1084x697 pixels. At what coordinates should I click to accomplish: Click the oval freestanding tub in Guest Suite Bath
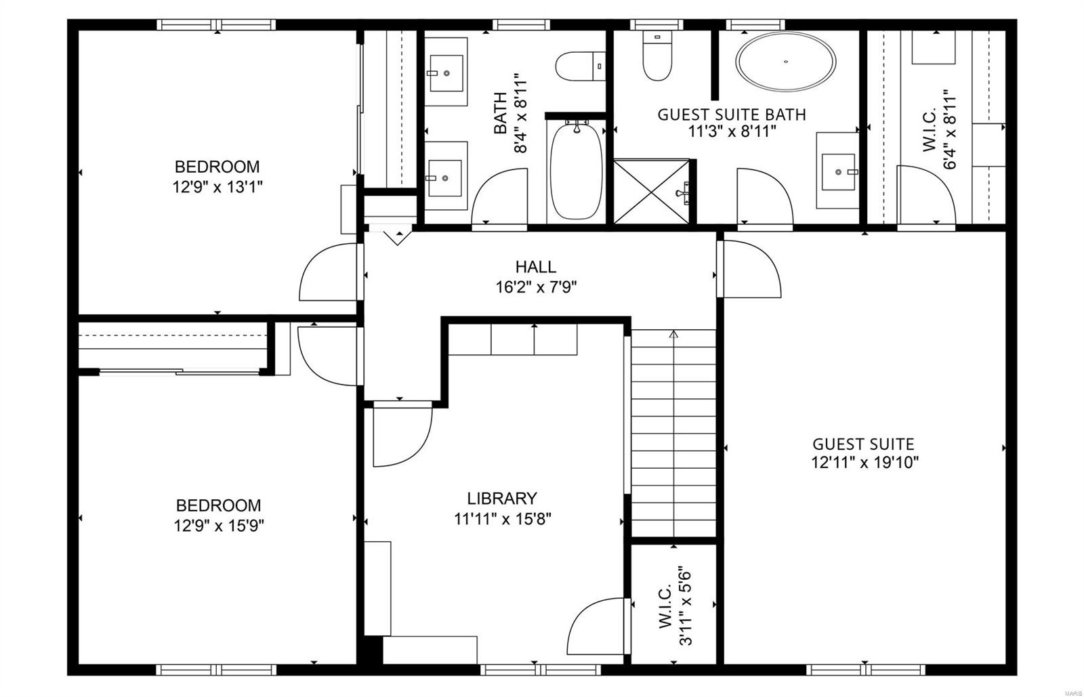[786, 62]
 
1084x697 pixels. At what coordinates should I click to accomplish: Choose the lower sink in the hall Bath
[445, 177]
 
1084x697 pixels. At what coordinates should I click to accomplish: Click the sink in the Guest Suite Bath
[839, 172]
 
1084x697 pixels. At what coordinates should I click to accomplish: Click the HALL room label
[535, 267]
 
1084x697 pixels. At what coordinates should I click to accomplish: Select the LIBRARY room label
[502, 499]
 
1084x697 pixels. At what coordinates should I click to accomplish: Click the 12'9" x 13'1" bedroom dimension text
[217, 186]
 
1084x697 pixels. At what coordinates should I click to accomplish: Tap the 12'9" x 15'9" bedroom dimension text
[218, 525]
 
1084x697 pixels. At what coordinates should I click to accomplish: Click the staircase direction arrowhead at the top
[673, 334]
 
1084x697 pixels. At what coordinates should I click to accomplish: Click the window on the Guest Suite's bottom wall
[865, 669]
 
